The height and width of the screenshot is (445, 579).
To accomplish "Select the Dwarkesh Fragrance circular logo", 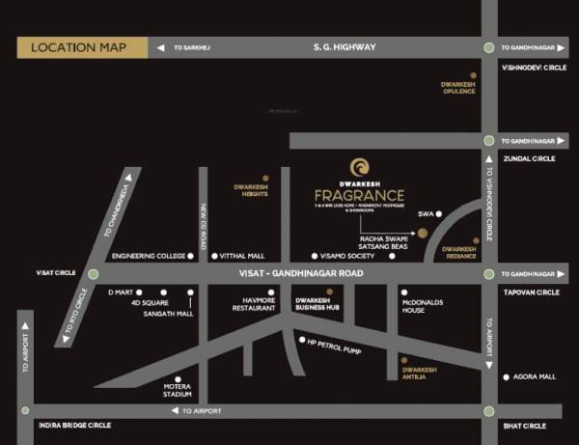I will (x=359, y=167).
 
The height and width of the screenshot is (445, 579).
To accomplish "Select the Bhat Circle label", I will (x=525, y=426).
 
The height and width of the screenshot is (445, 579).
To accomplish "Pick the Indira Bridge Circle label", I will (x=74, y=425).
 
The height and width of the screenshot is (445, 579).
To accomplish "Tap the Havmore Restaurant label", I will (x=255, y=304).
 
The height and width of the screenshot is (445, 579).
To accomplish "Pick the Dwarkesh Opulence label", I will (x=459, y=88).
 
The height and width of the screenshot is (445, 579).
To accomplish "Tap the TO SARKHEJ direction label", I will (x=197, y=47).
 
